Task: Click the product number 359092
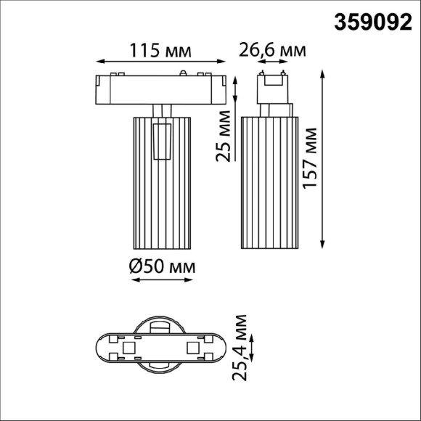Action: pos(372,23)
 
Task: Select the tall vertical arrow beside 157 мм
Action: pos(323,158)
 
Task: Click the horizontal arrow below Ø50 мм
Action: pos(162,282)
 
